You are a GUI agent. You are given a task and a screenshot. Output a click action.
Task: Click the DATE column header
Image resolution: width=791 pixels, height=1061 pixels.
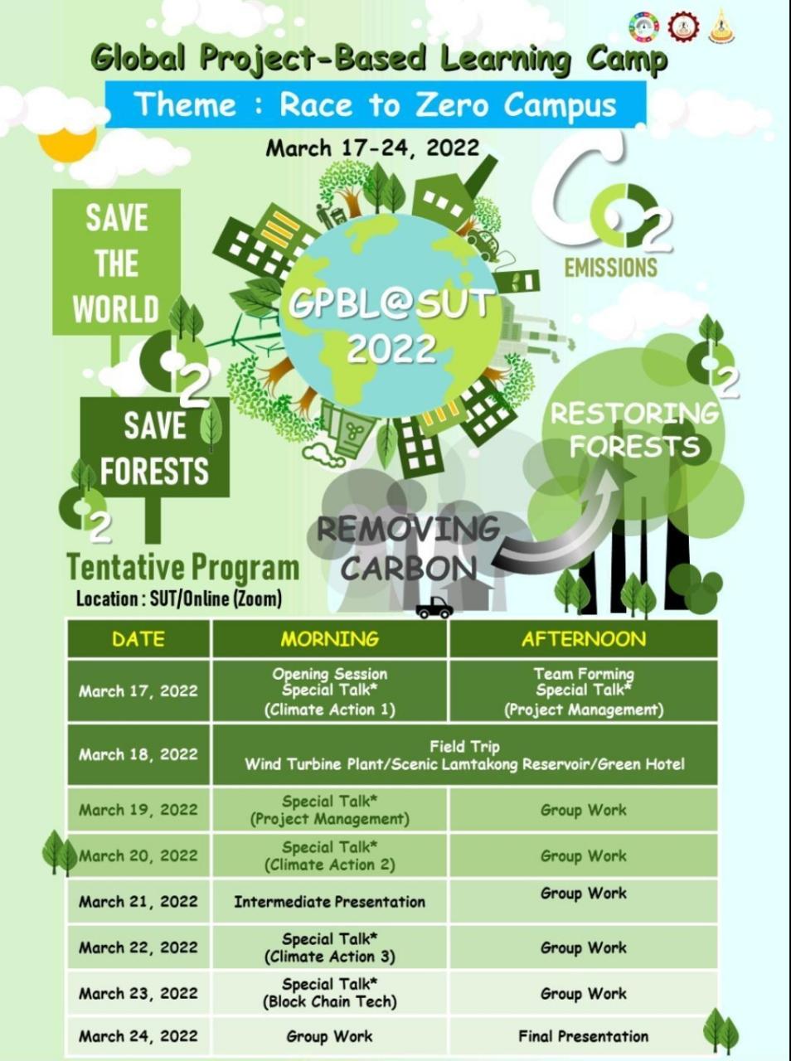click(x=138, y=639)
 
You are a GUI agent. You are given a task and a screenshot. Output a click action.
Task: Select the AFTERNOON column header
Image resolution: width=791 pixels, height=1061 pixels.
click(x=584, y=639)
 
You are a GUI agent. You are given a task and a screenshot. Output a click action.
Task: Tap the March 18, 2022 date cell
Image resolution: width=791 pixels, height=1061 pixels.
click(x=138, y=754)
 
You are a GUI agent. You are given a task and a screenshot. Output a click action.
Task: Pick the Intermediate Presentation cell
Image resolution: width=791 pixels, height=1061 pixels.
click(x=330, y=902)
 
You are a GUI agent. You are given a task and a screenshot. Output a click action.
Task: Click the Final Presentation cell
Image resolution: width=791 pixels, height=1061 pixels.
click(x=584, y=1036)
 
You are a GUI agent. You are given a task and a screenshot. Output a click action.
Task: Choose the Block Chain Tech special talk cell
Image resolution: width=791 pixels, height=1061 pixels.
click(x=330, y=993)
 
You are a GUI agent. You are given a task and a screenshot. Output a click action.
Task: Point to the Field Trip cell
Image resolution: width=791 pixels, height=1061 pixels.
click(x=464, y=754)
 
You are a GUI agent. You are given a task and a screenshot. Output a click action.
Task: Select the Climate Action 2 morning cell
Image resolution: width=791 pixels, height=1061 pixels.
click(x=330, y=856)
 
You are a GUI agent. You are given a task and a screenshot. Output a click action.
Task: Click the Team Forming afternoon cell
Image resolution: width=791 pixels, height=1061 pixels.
click(x=584, y=691)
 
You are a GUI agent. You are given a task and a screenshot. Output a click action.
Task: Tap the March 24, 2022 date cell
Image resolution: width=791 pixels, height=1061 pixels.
click(x=138, y=1036)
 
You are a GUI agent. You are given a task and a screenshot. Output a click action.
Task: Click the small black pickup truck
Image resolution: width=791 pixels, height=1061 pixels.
click(x=434, y=608)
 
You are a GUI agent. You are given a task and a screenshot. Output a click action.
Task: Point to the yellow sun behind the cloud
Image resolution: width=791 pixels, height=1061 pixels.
click(x=61, y=145)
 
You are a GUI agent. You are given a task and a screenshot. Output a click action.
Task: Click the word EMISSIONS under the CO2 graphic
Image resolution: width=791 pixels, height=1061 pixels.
click(x=610, y=268)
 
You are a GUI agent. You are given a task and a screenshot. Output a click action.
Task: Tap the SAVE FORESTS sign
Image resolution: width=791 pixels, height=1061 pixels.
click(x=155, y=448)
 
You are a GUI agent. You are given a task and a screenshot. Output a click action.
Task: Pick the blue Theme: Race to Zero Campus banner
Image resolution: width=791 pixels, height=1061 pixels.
click(x=376, y=104)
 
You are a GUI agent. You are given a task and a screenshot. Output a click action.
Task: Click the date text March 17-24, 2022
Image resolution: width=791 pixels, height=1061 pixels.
click(x=372, y=148)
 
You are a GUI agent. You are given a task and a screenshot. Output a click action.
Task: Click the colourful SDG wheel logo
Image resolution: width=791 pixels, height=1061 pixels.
click(x=644, y=26)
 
